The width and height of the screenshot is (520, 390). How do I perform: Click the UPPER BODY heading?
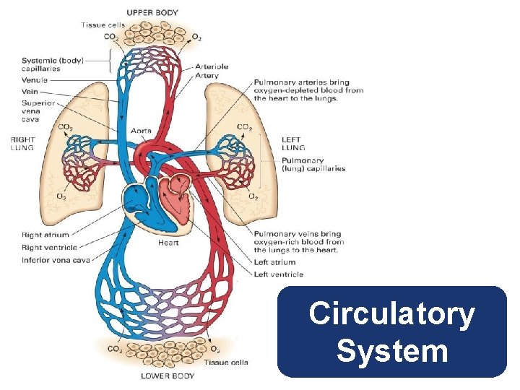point(152,13)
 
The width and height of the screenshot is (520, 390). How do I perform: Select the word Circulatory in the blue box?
point(391,315)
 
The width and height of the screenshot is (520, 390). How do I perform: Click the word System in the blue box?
point(391,352)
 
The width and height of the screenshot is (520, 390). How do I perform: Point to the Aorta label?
point(141,131)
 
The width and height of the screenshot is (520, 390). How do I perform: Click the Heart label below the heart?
point(168,243)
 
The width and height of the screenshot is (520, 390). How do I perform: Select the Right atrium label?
point(46,235)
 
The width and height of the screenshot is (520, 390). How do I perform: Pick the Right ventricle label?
point(49,247)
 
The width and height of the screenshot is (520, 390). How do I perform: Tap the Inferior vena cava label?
point(56,260)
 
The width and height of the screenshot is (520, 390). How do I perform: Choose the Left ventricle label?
point(279,274)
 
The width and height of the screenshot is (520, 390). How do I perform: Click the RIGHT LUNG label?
point(22,143)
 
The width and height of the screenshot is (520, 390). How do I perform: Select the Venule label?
point(35,80)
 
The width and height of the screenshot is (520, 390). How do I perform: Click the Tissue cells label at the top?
point(103,25)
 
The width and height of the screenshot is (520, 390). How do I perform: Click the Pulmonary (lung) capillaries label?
point(313,165)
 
